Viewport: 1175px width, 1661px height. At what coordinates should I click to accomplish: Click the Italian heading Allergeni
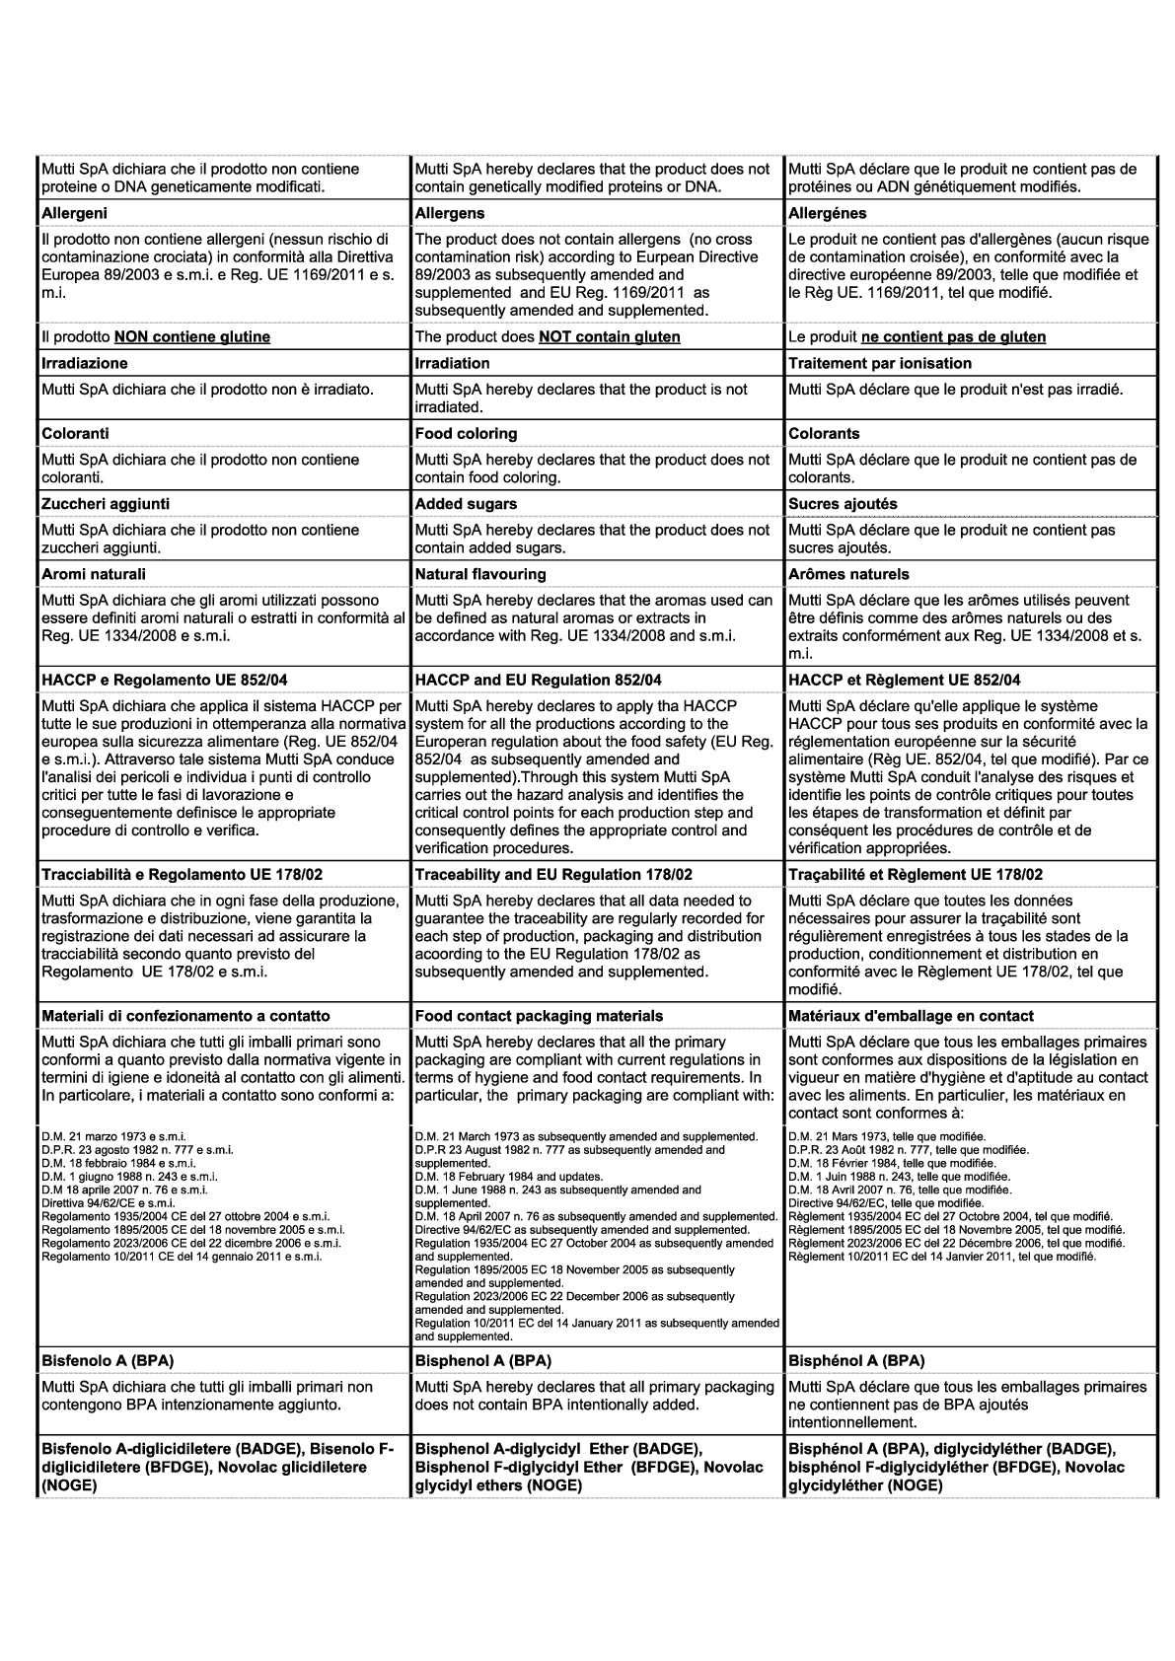[75, 213]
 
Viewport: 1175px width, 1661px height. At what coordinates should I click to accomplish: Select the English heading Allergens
[450, 213]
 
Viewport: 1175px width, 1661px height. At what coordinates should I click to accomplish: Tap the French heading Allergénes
[827, 213]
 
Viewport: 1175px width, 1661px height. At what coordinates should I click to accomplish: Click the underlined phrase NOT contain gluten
[609, 337]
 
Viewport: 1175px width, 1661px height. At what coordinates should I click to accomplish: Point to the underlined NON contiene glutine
[192, 337]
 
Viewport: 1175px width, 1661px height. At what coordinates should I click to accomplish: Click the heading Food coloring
[466, 434]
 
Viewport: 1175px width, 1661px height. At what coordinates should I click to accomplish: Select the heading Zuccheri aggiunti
[106, 504]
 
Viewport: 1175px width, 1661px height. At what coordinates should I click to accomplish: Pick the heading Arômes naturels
[848, 574]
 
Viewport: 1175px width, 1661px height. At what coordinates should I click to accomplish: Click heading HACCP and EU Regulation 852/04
[538, 681]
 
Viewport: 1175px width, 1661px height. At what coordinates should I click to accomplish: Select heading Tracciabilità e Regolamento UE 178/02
[183, 875]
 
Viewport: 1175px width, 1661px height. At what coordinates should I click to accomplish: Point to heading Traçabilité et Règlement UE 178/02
[915, 875]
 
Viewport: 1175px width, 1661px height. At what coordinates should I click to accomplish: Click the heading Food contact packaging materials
[539, 1016]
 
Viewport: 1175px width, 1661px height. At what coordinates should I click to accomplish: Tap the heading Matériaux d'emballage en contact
[911, 1016]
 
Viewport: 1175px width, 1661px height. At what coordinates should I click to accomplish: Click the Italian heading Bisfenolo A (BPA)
[108, 1361]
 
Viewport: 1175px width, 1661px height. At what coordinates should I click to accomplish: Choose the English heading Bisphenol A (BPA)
[482, 1361]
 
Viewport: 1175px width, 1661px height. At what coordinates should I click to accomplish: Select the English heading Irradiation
[452, 364]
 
